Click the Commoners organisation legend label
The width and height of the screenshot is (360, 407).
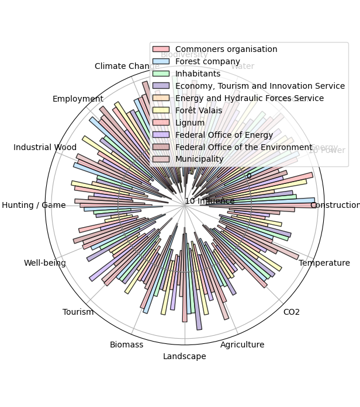tap(226, 49)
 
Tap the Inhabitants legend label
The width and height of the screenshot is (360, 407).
tap(198, 74)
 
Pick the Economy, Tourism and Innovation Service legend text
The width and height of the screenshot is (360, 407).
tap(260, 86)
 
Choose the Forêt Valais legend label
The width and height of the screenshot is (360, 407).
tap(199, 110)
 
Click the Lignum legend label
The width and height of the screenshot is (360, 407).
tap(190, 123)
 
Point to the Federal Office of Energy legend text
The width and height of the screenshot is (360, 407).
tap(219, 135)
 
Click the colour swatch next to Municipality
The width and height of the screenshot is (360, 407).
tap(161, 159)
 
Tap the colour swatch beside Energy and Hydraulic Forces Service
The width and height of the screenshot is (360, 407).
tap(161, 98)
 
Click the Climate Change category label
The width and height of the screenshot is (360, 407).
tap(127, 66)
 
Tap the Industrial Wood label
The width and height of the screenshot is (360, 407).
tap(45, 147)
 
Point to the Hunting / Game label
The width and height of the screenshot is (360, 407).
tap(34, 205)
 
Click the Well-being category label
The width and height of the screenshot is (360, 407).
tap(45, 263)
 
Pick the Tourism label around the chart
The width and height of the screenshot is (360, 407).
tap(78, 312)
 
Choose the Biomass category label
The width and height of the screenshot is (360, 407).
tap(126, 345)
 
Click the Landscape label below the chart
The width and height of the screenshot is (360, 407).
tap(184, 356)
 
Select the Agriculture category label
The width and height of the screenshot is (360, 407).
tap(242, 345)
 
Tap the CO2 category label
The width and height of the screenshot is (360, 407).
tap(291, 312)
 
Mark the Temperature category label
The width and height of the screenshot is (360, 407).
tap(324, 263)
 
